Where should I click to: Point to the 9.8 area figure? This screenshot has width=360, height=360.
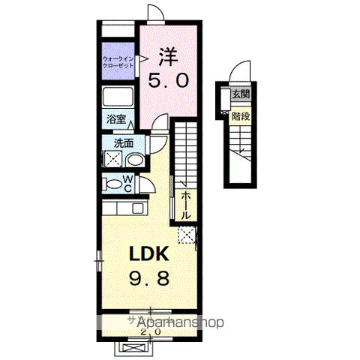[x=147, y=277]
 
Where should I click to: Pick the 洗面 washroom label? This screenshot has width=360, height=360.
[x=124, y=142]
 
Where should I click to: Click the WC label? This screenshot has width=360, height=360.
[x=127, y=183]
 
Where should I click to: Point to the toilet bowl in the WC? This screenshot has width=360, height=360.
[x=112, y=184]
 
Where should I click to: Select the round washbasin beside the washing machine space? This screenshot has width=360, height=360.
[x=135, y=159]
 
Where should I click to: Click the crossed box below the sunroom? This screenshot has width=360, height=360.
[x=134, y=346]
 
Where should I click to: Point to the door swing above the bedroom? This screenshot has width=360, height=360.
[x=155, y=13]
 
